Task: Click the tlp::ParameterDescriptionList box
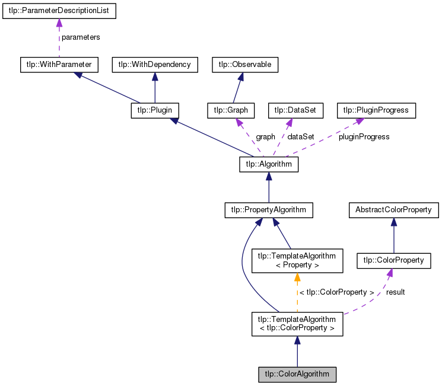[x=59, y=11]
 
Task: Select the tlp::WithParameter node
[x=58, y=64]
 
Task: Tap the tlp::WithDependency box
[x=154, y=64]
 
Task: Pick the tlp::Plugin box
[x=155, y=110]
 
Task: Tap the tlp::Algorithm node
[x=269, y=164]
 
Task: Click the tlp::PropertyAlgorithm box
[x=269, y=210]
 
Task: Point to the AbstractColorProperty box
[x=393, y=210]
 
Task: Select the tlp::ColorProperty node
[x=393, y=260]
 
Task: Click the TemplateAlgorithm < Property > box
[x=297, y=260]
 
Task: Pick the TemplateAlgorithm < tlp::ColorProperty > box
[x=297, y=324]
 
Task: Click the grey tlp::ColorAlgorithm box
[x=297, y=375]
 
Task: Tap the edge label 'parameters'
[x=81, y=37]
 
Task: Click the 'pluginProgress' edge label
[x=364, y=137]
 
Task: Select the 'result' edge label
[x=395, y=292]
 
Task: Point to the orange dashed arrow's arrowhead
[x=297, y=277]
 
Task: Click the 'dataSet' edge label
[x=301, y=137]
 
